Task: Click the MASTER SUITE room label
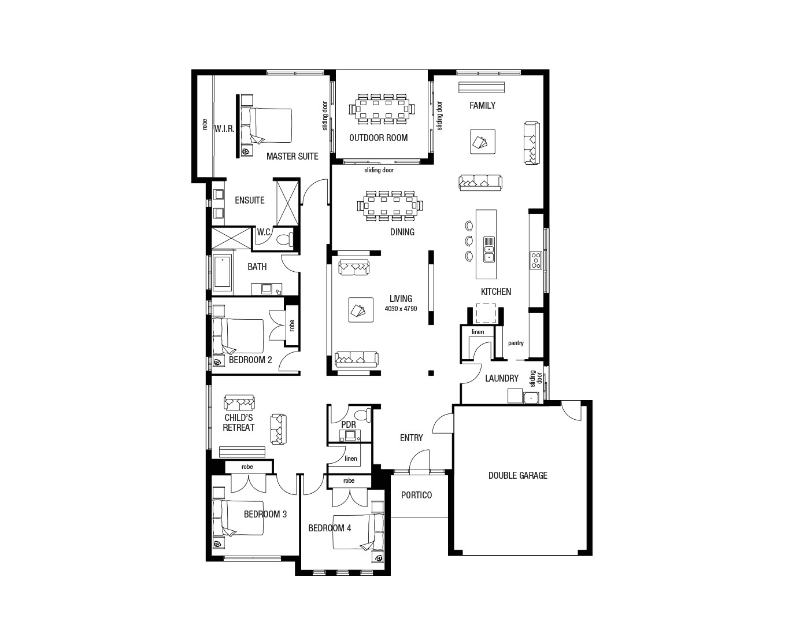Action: coord(292,156)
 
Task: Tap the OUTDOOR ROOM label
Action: coord(378,138)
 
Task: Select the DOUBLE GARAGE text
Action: coord(517,475)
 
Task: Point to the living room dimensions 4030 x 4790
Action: coord(401,309)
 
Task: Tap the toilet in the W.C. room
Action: coord(284,239)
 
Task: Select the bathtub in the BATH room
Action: coord(222,273)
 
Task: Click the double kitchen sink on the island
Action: coord(488,249)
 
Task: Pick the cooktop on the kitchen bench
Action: coord(535,260)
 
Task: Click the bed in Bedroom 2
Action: coord(240,335)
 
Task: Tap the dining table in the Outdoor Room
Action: coord(382,108)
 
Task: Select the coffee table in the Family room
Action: coord(482,141)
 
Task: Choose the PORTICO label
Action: coord(416,495)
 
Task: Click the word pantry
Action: coord(516,343)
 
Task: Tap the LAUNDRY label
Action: coord(501,378)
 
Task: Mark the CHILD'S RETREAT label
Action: coord(239,423)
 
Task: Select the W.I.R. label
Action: coord(224,128)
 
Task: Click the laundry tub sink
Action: coord(531,397)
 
